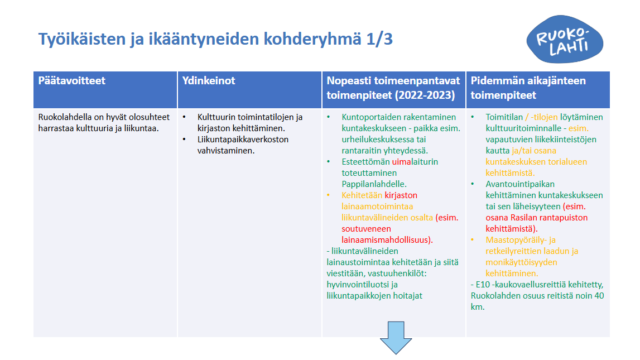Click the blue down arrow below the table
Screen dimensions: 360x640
(396, 337)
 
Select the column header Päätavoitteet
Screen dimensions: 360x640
(72, 81)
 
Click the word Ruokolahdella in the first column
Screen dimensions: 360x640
(65, 117)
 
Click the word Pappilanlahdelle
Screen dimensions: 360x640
(373, 184)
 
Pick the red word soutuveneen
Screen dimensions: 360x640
(366, 229)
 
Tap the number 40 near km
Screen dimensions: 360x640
(598, 296)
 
